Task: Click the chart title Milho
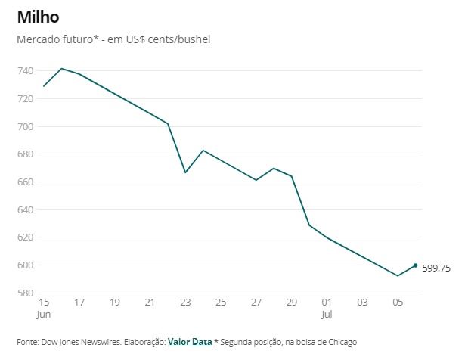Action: point(38,16)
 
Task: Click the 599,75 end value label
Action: point(436,267)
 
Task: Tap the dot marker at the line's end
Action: point(415,265)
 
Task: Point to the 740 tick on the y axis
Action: point(25,70)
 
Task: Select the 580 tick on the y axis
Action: point(25,293)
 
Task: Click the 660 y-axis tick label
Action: point(25,182)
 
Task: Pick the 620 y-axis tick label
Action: point(25,237)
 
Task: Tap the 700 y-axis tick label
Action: point(25,126)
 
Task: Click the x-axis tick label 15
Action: point(43,303)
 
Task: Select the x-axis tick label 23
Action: point(185,303)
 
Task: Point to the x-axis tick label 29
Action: point(291,303)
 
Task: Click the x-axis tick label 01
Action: point(327,303)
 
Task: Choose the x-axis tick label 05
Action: point(398,303)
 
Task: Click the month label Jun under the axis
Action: point(45,313)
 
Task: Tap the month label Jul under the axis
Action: point(327,313)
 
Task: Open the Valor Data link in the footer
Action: point(189,342)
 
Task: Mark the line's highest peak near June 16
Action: point(61,68)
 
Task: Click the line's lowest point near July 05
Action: point(398,275)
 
